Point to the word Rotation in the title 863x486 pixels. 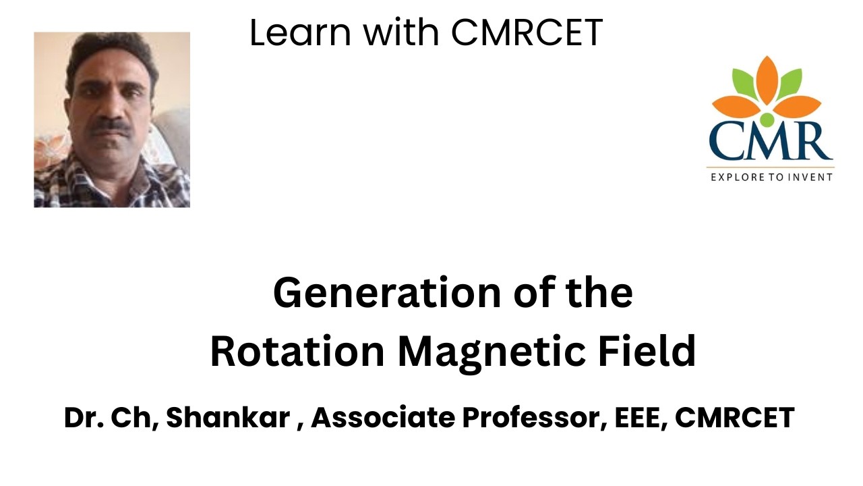[x=296, y=352]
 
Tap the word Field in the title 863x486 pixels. [x=638, y=352]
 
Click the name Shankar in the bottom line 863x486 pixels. [x=231, y=418]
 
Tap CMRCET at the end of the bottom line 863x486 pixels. [x=735, y=418]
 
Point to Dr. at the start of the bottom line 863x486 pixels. [x=79, y=418]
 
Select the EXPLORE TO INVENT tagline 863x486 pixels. [x=771, y=177]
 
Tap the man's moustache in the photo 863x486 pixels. [x=111, y=126]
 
